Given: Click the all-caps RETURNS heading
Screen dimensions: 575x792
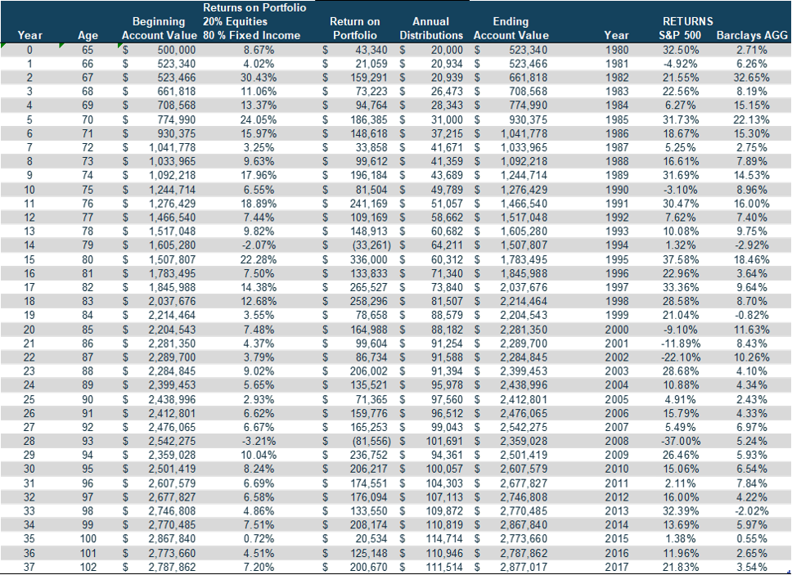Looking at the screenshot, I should pyautogui.click(x=687, y=20).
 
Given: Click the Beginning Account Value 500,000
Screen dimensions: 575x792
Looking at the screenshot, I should pyautogui.click(x=172, y=49).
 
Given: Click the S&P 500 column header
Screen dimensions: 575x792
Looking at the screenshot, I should pyautogui.click(x=682, y=35).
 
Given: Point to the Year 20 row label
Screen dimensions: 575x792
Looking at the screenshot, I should pyautogui.click(x=29, y=330).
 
